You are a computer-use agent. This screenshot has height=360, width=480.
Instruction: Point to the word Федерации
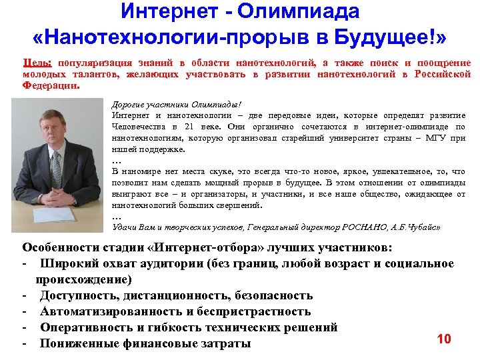click(x=50, y=86)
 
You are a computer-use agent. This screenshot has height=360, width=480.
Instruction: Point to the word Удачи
click(x=125, y=227)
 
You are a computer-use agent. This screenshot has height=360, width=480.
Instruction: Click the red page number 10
click(x=444, y=339)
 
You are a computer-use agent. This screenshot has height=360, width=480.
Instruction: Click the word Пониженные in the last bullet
click(x=81, y=343)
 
